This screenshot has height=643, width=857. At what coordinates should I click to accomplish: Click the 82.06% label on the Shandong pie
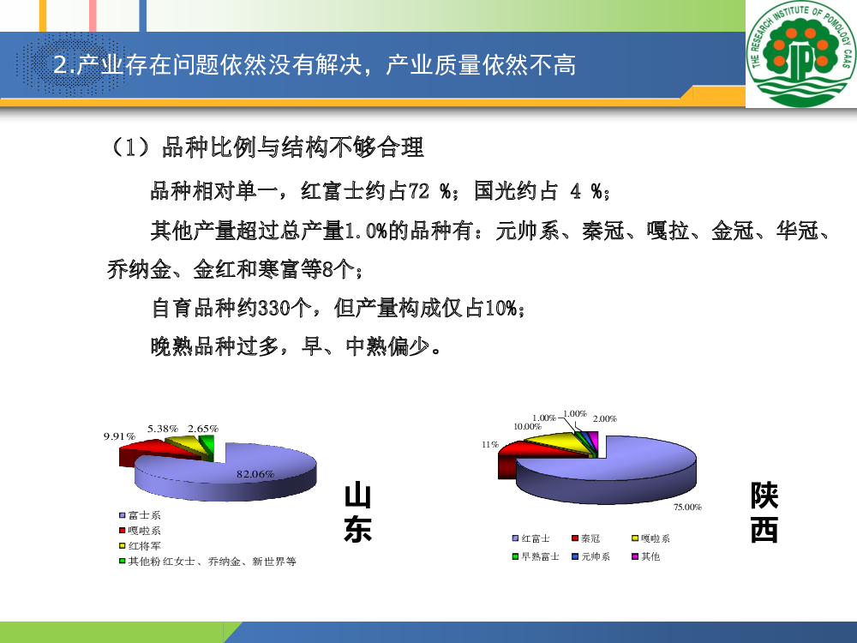pos(255,474)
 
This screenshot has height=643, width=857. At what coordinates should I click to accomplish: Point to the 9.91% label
pos(119,436)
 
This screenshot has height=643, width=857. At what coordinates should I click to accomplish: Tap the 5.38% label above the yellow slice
pos(163,429)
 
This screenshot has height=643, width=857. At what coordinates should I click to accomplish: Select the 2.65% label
pos(203,429)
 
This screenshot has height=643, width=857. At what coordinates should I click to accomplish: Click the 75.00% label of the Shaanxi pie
pos(687,508)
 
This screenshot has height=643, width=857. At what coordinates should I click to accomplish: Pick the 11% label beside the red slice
pos(489,444)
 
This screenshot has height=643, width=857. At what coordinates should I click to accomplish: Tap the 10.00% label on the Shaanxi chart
pos(527,426)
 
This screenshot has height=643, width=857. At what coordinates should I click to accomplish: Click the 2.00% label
pos(605,419)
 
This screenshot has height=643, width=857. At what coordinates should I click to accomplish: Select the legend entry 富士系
pos(140,515)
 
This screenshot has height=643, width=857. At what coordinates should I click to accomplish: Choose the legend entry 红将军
pos(140,545)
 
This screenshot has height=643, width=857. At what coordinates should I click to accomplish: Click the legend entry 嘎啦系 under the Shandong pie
pos(140,531)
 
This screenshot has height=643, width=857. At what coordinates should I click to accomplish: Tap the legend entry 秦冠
pos(586,538)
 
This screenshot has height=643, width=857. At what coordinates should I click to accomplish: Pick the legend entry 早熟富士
pos(536,556)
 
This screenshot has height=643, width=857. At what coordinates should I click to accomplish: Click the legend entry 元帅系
pos(590,556)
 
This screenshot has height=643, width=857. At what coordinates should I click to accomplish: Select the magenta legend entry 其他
pos(646,556)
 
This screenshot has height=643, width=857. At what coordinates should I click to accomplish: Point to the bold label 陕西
pos(764,513)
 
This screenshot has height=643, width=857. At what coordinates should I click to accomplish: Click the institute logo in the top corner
pos(801,53)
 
